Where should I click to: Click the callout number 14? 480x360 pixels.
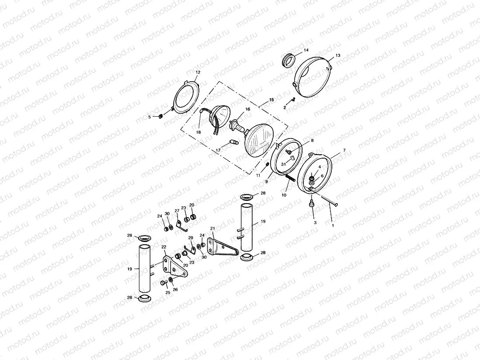(x=306, y=50)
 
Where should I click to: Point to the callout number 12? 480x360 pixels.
(x=198, y=72)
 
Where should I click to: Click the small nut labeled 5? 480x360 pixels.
(x=160, y=116)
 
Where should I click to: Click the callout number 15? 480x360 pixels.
(x=271, y=100)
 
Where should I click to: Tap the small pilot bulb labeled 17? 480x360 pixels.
(x=233, y=142)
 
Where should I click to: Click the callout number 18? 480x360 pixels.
(x=198, y=132)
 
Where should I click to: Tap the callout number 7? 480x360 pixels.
(x=344, y=150)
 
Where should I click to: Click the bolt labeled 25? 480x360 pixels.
(x=163, y=283)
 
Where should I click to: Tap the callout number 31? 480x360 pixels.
(x=283, y=164)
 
